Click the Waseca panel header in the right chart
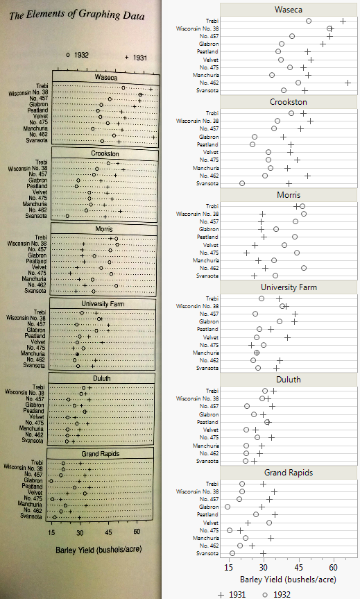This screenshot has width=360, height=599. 289,9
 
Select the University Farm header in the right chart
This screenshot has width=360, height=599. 289,287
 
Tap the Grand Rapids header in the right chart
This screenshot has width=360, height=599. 289,472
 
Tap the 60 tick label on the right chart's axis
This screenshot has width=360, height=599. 334,567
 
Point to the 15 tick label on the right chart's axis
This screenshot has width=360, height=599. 229,567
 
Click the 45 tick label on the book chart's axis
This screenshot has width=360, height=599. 109,532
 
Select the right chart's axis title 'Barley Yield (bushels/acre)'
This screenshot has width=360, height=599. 288,578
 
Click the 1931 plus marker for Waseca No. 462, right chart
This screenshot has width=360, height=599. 348,83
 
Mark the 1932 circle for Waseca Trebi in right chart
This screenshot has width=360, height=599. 309,22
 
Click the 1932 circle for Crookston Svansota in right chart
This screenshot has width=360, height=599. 242,183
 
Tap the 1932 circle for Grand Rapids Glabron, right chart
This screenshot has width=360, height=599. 228,507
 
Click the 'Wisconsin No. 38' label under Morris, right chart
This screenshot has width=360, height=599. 198,214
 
